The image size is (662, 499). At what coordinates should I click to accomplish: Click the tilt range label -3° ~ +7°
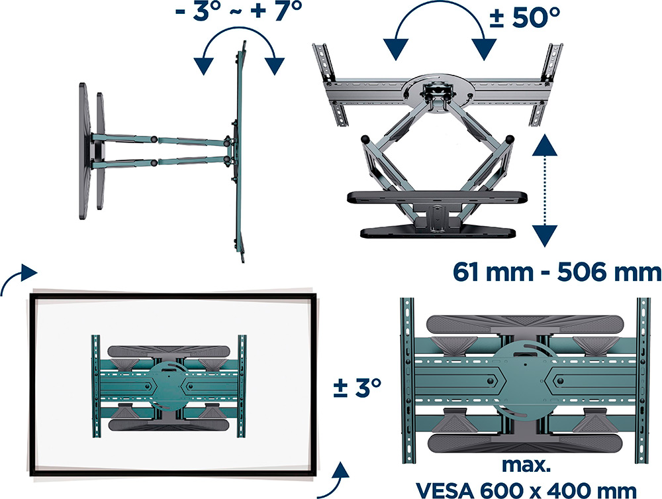pos(239,11)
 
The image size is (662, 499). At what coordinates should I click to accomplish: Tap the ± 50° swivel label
pos(524,17)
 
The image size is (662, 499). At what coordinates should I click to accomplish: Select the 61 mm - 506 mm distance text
pos(557,272)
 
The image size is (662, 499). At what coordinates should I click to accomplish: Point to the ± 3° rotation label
pos(357,387)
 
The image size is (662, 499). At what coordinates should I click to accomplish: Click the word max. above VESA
pos(526,465)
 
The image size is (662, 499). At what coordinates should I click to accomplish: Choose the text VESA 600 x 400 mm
pos(526,490)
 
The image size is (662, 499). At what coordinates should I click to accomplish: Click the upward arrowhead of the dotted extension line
pos(545,145)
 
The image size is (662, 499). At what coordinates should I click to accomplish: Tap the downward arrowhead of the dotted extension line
pos(545,235)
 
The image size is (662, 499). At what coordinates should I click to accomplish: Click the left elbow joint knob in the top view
pos(365,139)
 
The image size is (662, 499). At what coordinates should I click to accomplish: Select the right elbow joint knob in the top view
pos(510,139)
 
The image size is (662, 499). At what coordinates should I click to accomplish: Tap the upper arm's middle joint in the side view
pos(154,139)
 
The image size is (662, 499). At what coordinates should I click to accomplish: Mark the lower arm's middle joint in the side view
pos(154,162)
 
